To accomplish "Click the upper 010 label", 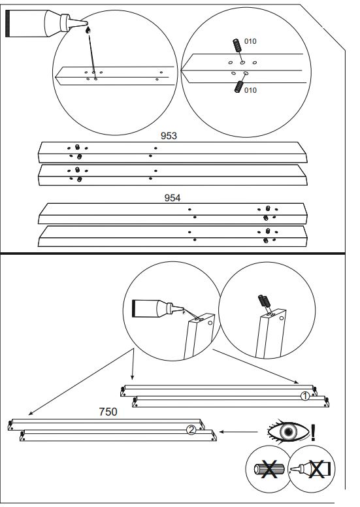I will pos(250,42).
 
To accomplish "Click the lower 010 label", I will pos(250,91).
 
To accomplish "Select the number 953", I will pos(170,136).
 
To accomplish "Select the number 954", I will pos(172,197).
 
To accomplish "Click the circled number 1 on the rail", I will pos(304,396).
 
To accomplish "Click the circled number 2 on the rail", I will pos(190,429).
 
